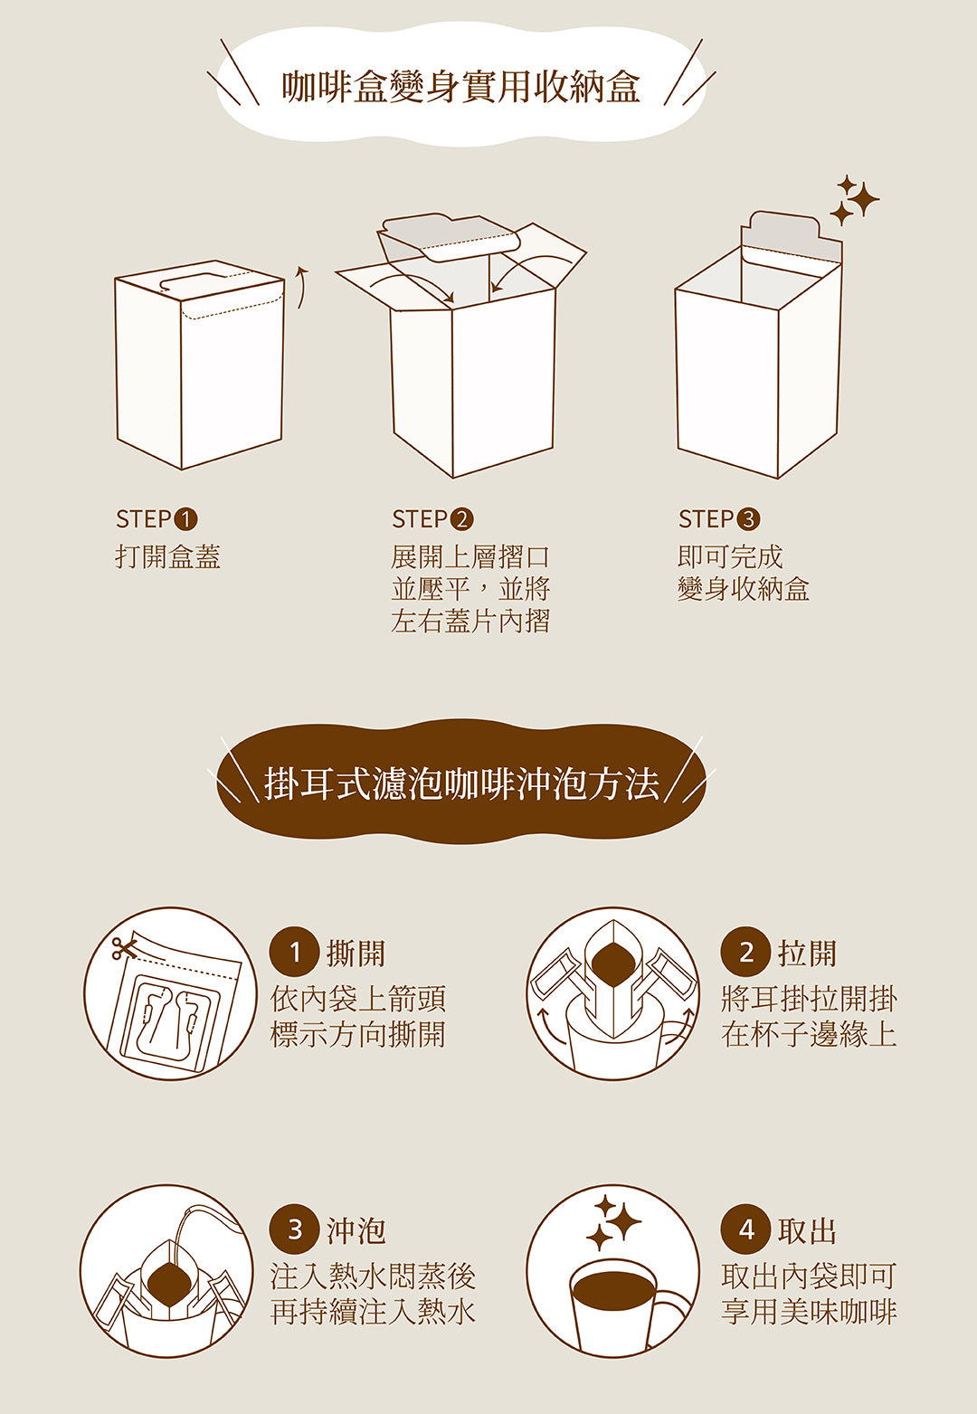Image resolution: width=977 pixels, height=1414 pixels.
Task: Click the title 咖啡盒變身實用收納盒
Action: pyautogui.click(x=460, y=87)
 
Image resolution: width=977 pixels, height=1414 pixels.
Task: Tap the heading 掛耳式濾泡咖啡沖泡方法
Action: pyautogui.click(x=460, y=783)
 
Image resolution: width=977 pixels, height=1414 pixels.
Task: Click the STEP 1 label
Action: pyautogui.click(x=157, y=519)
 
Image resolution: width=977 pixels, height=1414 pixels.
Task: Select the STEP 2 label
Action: pyautogui.click(x=432, y=519)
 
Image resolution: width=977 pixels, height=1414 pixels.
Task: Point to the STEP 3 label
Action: pyautogui.click(x=719, y=519)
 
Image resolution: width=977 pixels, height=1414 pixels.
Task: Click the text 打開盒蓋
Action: pyautogui.click(x=168, y=556)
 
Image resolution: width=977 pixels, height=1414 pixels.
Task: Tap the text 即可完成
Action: pyautogui.click(x=730, y=556)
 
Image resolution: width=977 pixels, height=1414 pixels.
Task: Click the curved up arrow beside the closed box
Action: pyautogui.click(x=302, y=287)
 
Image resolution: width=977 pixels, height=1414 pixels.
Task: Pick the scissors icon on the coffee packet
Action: pyautogui.click(x=123, y=948)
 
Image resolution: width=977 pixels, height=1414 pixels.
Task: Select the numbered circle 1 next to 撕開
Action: pyautogui.click(x=294, y=953)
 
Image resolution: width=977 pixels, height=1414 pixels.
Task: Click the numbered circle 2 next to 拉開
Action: pyautogui.click(x=745, y=953)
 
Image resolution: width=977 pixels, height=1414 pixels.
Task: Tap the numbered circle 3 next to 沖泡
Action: pyautogui.click(x=294, y=1230)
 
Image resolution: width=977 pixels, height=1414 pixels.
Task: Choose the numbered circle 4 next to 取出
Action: pyautogui.click(x=745, y=1230)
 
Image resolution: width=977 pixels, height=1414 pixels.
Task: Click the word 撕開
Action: pyautogui.click(x=356, y=954)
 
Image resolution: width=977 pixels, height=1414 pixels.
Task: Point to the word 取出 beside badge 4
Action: pyautogui.click(x=807, y=1231)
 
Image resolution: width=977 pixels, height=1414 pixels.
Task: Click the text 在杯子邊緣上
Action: pyautogui.click(x=809, y=1034)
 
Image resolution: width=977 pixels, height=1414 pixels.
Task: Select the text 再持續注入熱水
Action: pyautogui.click(x=373, y=1312)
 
